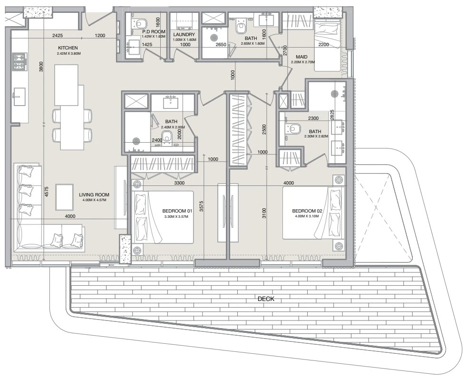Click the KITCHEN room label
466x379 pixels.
(x=68, y=48)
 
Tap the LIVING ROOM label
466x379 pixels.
(x=94, y=194)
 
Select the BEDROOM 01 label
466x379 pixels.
(x=177, y=211)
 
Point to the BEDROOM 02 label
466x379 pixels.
(x=307, y=211)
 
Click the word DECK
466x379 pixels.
(x=266, y=299)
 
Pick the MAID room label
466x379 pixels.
(x=301, y=57)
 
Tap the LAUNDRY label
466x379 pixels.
(x=184, y=35)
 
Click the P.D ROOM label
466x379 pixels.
(x=154, y=31)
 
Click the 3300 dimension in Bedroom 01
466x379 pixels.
(x=179, y=183)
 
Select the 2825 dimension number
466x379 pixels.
(x=332, y=115)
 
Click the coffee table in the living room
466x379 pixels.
(x=65, y=197)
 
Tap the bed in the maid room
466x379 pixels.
(x=327, y=46)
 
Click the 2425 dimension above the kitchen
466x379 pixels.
(x=58, y=35)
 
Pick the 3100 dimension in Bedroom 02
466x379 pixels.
(x=264, y=214)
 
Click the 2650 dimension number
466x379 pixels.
(x=221, y=45)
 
